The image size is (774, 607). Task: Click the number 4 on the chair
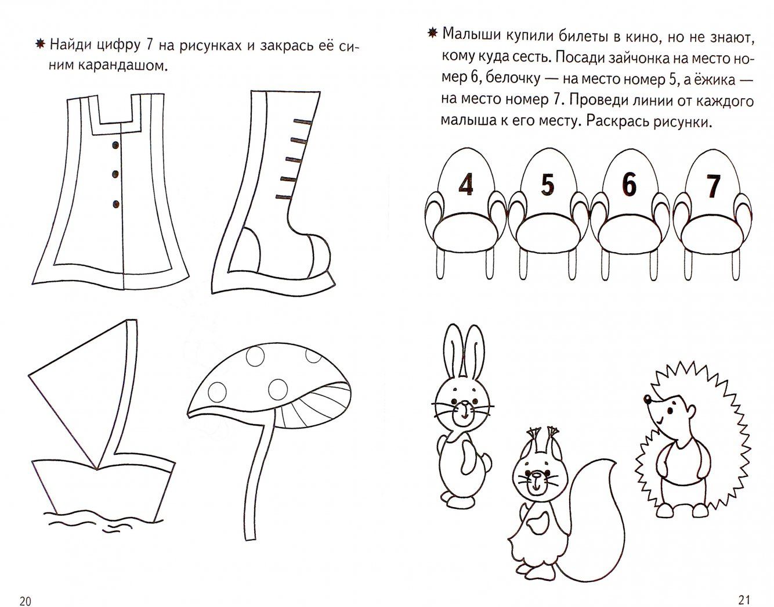coord(466,184)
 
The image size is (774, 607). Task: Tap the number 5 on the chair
coord(548,184)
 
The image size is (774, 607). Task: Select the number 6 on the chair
coord(630,184)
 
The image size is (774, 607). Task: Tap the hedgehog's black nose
coord(646,398)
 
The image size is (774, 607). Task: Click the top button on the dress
coord(115,145)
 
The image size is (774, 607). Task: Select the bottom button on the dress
coord(116,204)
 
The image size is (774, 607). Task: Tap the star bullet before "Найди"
coord(41,45)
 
